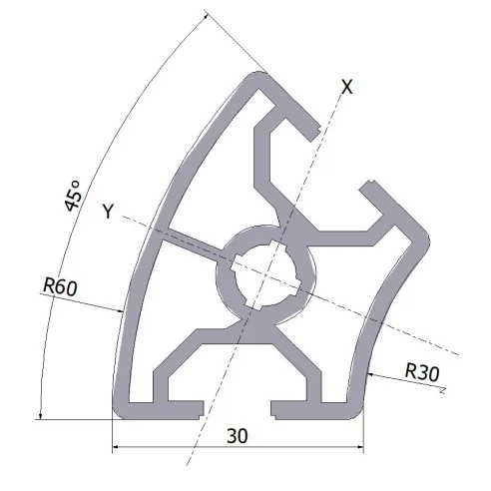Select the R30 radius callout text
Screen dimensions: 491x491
tap(422, 371)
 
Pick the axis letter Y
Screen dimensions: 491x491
tap(108, 211)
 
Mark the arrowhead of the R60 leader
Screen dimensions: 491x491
tap(120, 311)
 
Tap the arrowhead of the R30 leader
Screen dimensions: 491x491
tap(371, 374)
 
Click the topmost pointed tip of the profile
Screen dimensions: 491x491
tap(262, 72)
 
